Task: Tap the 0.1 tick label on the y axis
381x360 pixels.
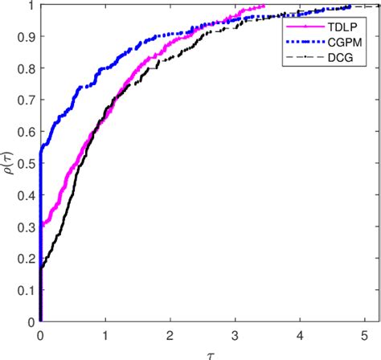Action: [x=26, y=290]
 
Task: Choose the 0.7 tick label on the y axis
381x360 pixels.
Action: [x=26, y=100]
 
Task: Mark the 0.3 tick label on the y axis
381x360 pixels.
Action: [x=26, y=227]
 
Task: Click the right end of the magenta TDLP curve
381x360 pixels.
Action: [x=264, y=6]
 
